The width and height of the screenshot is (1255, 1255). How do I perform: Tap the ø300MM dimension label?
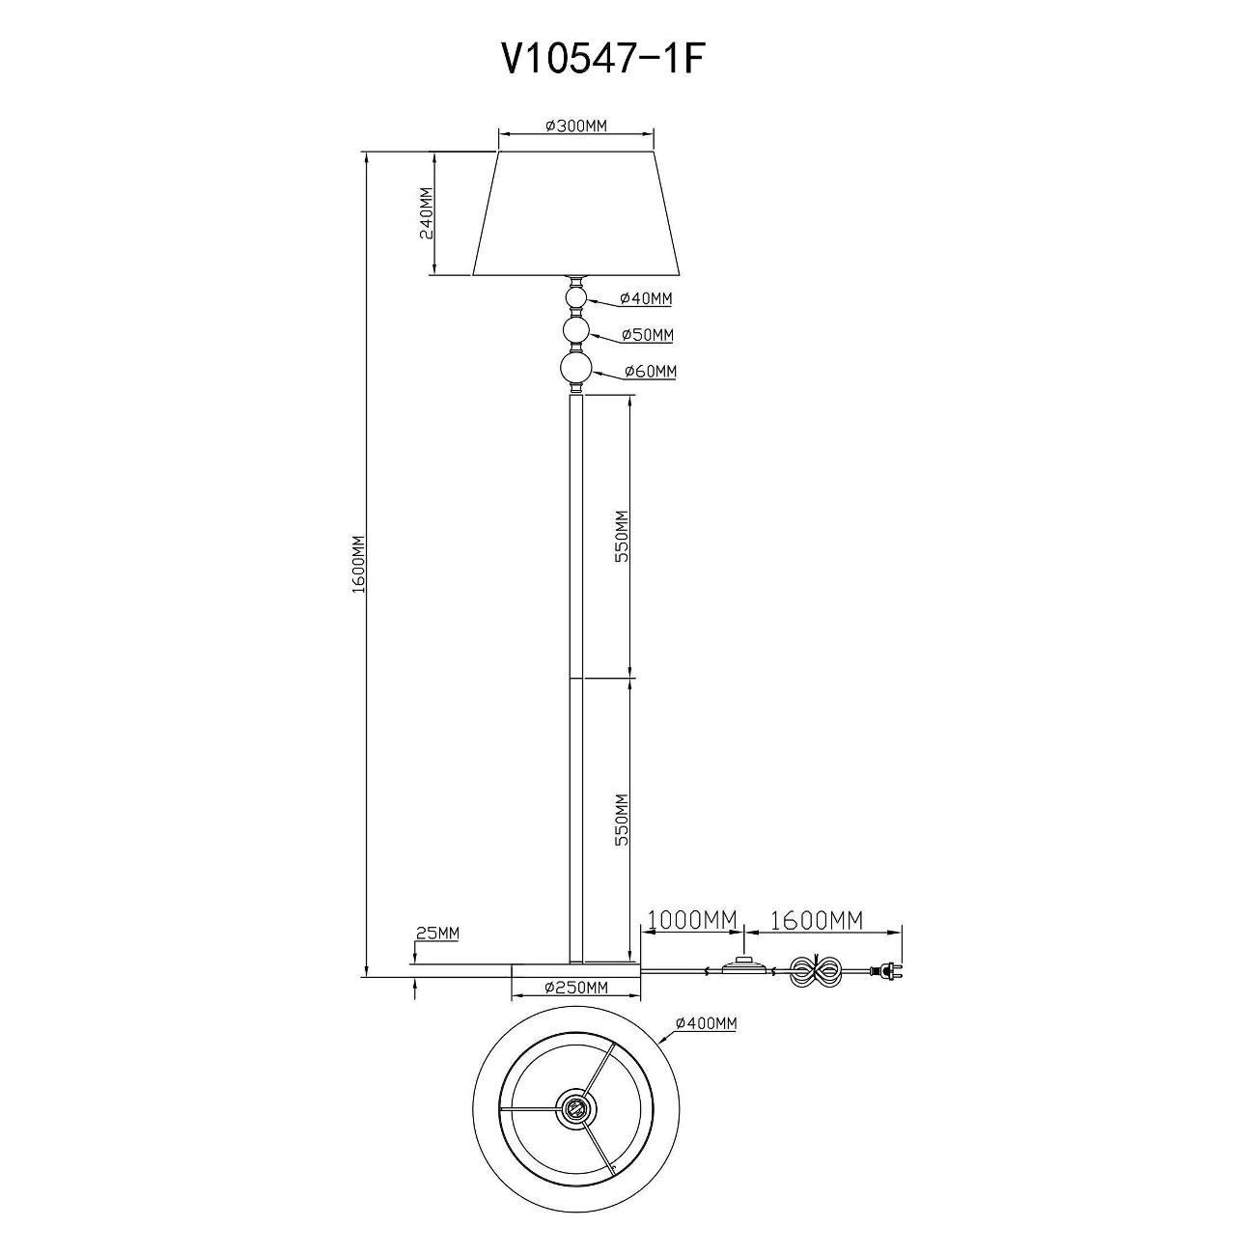(x=576, y=126)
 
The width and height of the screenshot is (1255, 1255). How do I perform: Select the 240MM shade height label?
(x=426, y=214)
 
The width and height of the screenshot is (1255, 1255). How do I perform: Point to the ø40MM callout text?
(x=646, y=298)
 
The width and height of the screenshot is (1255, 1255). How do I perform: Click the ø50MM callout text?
(x=648, y=335)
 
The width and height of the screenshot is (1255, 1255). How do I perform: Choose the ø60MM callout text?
(x=650, y=372)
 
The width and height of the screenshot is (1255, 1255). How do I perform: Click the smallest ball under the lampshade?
(x=575, y=298)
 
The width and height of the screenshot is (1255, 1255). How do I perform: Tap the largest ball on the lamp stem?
(x=575, y=370)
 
